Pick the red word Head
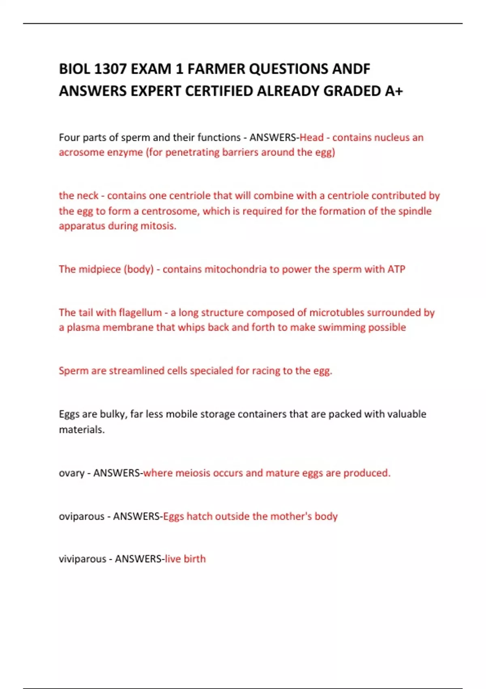click(x=311, y=138)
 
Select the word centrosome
click(x=169, y=211)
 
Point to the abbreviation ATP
click(x=396, y=270)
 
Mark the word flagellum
click(x=140, y=313)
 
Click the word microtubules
click(x=338, y=313)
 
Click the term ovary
click(x=72, y=473)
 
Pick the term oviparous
click(x=81, y=517)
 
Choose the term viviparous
click(x=82, y=559)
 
